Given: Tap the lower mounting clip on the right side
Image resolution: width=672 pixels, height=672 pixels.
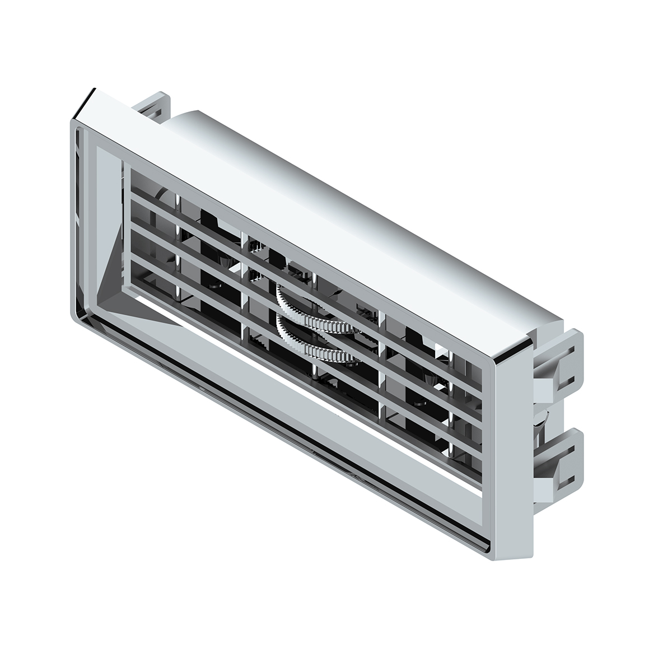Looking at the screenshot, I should pos(560,459).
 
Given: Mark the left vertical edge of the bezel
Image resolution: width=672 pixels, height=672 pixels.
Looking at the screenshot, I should pos(73,224).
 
